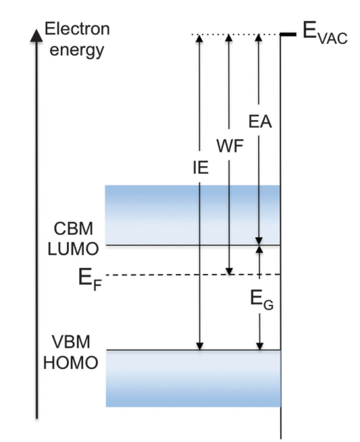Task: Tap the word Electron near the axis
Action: pos(77,29)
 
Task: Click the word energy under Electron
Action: pos(77,50)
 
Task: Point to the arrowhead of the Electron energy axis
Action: pos(36,35)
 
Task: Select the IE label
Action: pos(201,167)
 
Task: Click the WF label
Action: pos(230,146)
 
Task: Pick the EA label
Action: pos(260,121)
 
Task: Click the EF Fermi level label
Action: pos(90,279)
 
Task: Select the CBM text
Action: pos(73,229)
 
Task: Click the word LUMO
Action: pos(73,249)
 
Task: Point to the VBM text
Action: pos(71,342)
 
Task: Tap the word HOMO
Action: pos(71,362)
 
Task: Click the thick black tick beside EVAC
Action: pos(288,34)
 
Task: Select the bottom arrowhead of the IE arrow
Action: pos(200,346)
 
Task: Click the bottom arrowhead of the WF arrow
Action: pos(230,271)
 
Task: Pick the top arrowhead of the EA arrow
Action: pos(259,38)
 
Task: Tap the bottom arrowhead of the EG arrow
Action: pos(260,346)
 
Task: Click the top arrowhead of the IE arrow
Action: pos(199,38)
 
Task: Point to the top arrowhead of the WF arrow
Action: pos(229,38)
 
